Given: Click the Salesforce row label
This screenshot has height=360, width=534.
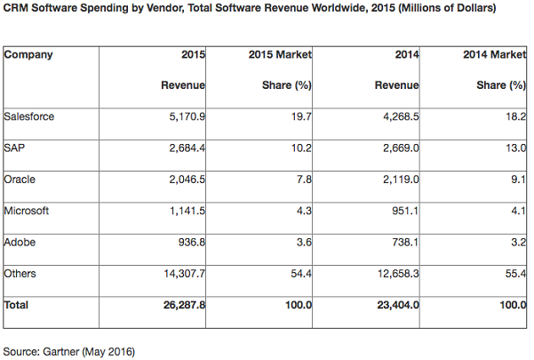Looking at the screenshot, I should pyautogui.click(x=29, y=116).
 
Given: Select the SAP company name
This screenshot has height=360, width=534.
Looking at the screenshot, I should pyautogui.click(x=15, y=148).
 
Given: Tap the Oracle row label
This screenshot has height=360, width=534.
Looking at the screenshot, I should pyautogui.click(x=20, y=179).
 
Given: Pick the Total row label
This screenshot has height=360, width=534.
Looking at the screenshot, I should pyautogui.click(x=17, y=305).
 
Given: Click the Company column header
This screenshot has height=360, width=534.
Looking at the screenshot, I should pyautogui.click(x=28, y=54).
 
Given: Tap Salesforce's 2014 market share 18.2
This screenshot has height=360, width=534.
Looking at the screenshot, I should pyautogui.click(x=514, y=116).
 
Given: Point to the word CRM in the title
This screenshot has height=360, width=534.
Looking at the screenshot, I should pyautogui.click(x=15, y=7).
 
